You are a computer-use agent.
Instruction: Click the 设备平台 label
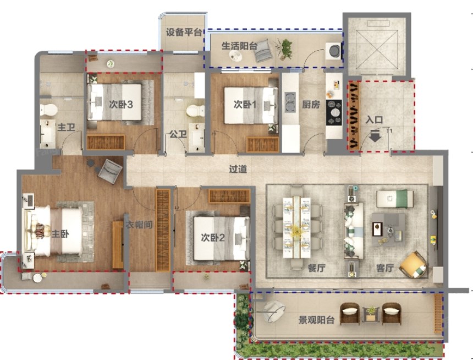click(x=184, y=32)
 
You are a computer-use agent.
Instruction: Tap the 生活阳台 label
click(x=239, y=46)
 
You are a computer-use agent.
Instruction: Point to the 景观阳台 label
click(x=316, y=320)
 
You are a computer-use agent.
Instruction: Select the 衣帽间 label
click(x=139, y=225)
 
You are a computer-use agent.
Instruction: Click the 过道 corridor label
click(x=238, y=169)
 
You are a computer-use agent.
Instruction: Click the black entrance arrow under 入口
click(x=375, y=136)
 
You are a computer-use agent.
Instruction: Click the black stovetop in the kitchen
click(x=334, y=112)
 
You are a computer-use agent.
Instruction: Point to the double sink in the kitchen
click(x=290, y=102)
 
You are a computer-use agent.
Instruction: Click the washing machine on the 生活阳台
click(x=333, y=50)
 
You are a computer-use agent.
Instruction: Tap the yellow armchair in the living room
click(x=413, y=265)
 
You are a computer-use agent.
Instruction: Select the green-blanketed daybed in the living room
click(x=395, y=199)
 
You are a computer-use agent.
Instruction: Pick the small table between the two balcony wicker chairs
click(x=371, y=314)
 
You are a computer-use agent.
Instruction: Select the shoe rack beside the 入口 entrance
click(x=354, y=116)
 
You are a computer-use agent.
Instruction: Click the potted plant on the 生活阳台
click(x=284, y=48)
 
